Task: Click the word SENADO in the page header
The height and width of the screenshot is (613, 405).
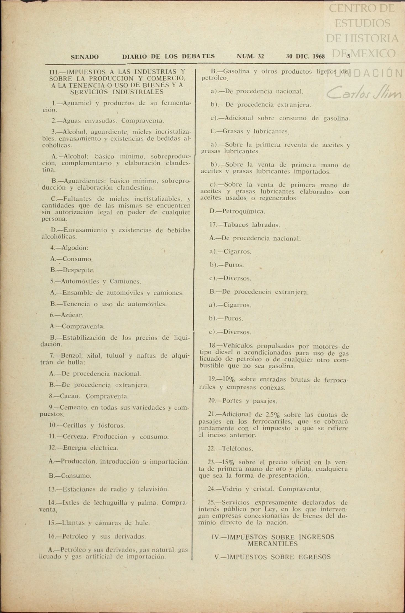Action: point(85,57)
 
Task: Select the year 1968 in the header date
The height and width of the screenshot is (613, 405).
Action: point(319,56)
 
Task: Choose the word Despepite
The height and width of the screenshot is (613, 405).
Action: point(78,270)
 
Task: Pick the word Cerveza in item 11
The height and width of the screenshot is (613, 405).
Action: point(75,437)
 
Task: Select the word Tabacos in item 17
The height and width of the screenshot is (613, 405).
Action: point(236,225)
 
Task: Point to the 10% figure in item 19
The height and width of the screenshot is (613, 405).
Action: point(228,379)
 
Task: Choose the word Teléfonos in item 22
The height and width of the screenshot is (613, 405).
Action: point(237,449)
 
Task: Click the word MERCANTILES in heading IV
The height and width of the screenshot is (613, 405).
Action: point(272,544)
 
